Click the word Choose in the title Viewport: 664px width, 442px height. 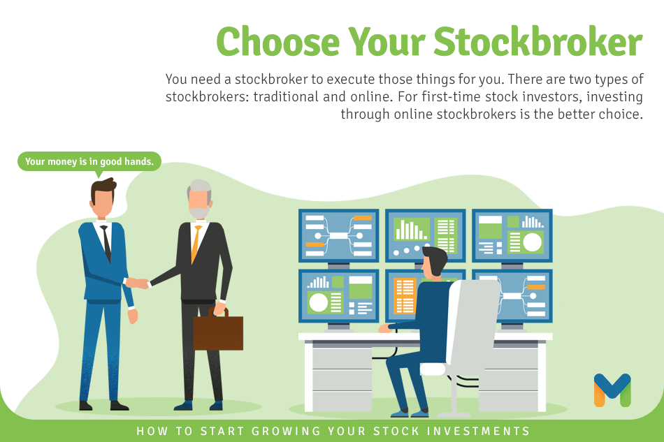coord(277,41)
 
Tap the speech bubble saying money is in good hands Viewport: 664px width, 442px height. coord(89,161)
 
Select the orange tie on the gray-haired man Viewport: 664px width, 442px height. coord(196,243)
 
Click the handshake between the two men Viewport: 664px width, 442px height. coord(140,283)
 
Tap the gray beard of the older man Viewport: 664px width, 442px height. coord(199,212)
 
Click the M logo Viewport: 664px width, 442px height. coord(612,390)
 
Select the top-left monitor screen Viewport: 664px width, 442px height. coord(339,235)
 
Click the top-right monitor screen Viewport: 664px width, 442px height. coord(512,235)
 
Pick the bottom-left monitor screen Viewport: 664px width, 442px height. coord(339,296)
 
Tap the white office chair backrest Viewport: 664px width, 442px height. coord(473,321)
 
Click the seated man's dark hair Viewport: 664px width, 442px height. coord(435,258)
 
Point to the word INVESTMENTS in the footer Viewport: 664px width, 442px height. coord(478,431)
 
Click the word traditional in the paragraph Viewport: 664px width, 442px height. coord(286,97)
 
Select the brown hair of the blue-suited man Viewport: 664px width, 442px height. coord(103,189)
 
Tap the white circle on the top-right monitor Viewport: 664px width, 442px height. coord(533,242)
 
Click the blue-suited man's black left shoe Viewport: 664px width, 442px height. coord(85,406)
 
